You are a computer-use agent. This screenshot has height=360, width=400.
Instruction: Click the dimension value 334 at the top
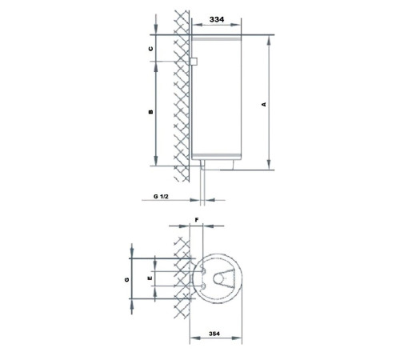coord(217,19)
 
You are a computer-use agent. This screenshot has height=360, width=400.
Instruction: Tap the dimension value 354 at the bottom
coord(214,334)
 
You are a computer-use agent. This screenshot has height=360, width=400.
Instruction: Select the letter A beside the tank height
coord(264,104)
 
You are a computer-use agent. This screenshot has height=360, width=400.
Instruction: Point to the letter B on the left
coord(151,112)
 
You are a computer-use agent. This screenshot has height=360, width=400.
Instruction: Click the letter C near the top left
coord(151,49)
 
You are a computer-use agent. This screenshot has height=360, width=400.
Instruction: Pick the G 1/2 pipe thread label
coord(161,197)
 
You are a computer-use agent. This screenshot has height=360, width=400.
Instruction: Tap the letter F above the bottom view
coord(197,220)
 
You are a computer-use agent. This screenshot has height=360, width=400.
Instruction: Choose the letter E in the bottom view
coord(150,278)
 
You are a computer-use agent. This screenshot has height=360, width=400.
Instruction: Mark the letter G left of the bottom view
coord(127,279)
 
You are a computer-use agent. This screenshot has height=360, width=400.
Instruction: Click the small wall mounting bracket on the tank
coord(194,62)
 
